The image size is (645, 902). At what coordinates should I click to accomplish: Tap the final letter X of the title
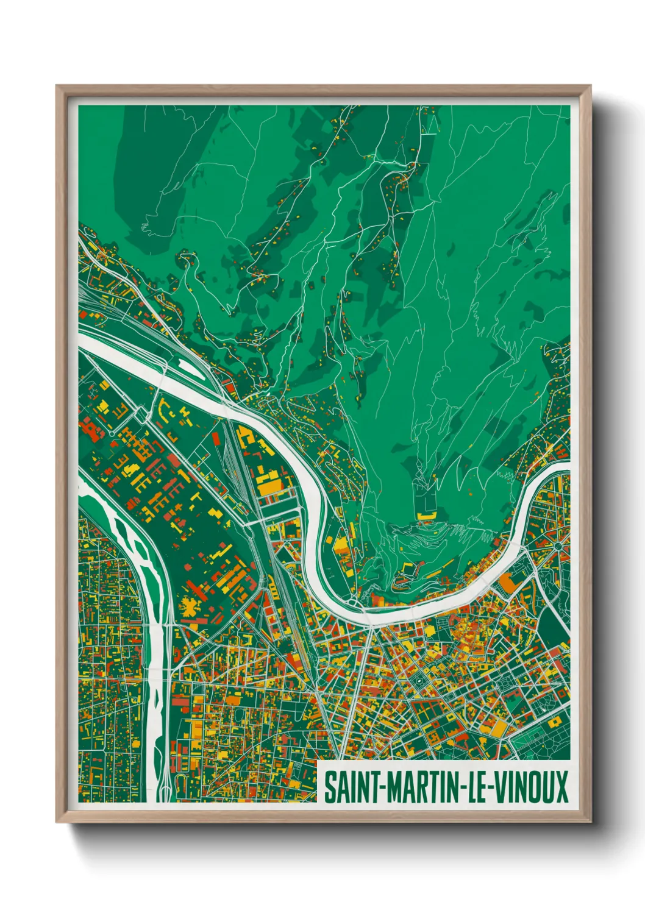tap(560, 787)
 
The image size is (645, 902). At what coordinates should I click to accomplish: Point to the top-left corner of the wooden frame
tap(57, 87)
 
